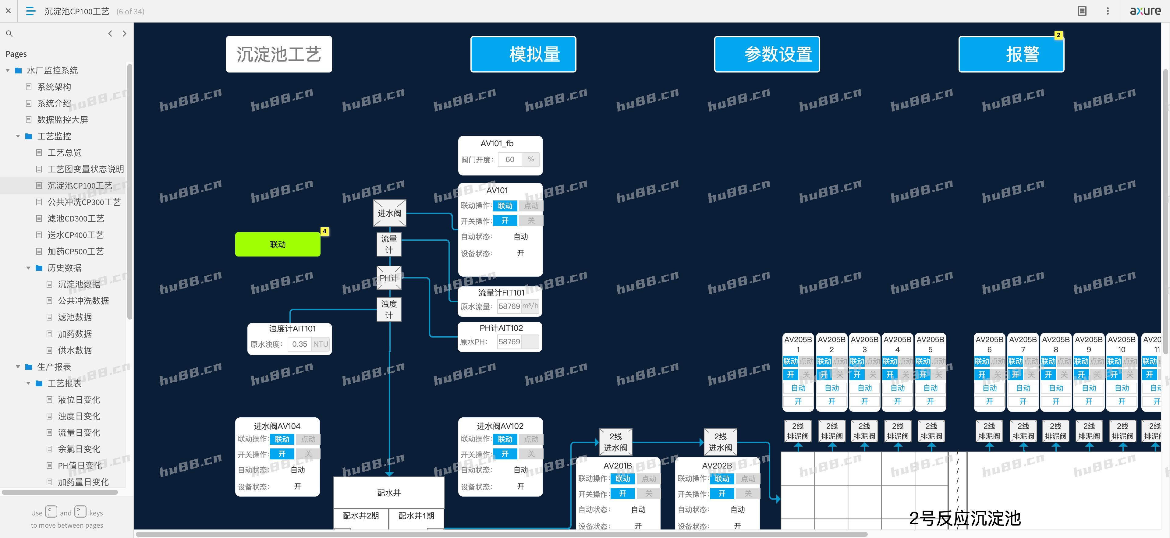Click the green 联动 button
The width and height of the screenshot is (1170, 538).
click(278, 245)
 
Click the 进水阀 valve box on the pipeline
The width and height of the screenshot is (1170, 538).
click(389, 213)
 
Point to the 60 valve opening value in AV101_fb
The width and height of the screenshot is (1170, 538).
click(510, 159)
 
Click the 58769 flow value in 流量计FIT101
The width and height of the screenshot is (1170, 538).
click(509, 306)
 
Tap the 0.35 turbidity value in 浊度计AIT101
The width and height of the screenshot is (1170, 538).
click(299, 344)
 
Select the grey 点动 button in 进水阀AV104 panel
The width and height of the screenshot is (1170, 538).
click(308, 439)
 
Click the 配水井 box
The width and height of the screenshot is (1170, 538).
click(389, 493)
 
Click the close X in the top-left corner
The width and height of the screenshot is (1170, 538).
click(8, 11)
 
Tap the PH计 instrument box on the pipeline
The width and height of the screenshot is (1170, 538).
click(389, 278)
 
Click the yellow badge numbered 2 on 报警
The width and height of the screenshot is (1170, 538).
click(1058, 35)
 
